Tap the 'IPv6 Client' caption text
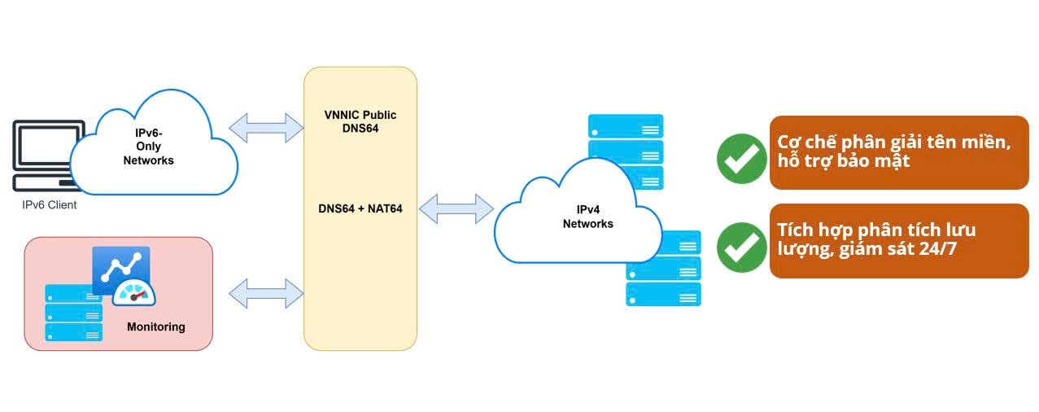pos(50,205)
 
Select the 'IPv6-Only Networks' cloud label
pos(148,147)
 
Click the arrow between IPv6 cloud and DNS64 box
pos(265,126)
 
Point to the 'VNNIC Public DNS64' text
pos(360,122)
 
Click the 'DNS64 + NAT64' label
pos(360,208)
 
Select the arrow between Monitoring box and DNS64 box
pos(265,293)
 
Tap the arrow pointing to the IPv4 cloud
pos(456,208)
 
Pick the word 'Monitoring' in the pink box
pos(156,327)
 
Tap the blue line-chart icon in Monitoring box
pos(120,267)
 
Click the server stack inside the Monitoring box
pos(74,313)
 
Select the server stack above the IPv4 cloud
pos(626,142)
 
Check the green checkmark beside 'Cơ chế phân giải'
pos(741,159)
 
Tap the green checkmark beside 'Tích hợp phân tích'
pos(741,247)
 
